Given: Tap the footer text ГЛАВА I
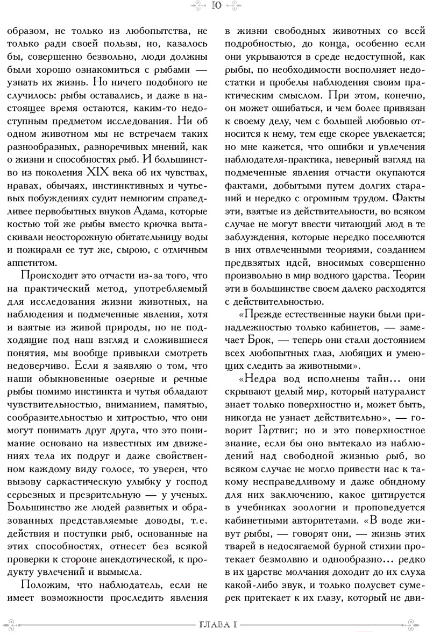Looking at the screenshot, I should [215, 624].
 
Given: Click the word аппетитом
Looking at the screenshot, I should [31, 262].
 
